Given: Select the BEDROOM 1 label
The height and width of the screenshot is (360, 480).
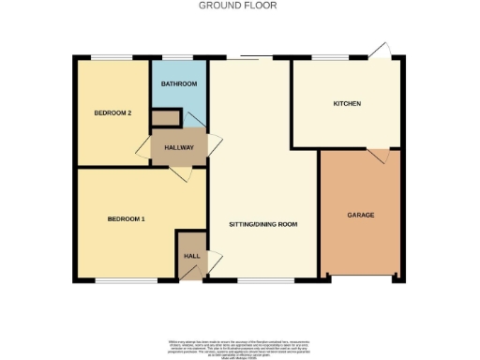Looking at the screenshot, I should (126, 219).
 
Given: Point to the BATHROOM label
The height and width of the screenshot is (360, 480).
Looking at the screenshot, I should (178, 84).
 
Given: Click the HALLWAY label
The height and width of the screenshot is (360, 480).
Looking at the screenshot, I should (178, 148).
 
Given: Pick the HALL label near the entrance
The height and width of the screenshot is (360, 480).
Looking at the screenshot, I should (191, 256).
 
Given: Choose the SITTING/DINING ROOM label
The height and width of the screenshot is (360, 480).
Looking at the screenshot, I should (263, 225).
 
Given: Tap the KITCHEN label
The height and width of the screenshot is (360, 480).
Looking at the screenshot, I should (347, 103).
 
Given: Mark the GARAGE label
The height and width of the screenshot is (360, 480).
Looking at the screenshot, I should (361, 215).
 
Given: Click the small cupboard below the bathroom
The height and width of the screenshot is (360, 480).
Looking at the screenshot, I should (166, 118).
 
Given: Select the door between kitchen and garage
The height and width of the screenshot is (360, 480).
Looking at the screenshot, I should (378, 154).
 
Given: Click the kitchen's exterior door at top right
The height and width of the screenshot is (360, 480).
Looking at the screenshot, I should (380, 50).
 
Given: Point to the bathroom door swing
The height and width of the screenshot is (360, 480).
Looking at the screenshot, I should (194, 119).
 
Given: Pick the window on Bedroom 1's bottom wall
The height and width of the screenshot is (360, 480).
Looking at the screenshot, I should (125, 279).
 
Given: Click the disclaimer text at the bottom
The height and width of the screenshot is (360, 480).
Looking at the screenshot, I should (239, 346).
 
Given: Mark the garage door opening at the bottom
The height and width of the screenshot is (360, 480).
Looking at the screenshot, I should (362, 277).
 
